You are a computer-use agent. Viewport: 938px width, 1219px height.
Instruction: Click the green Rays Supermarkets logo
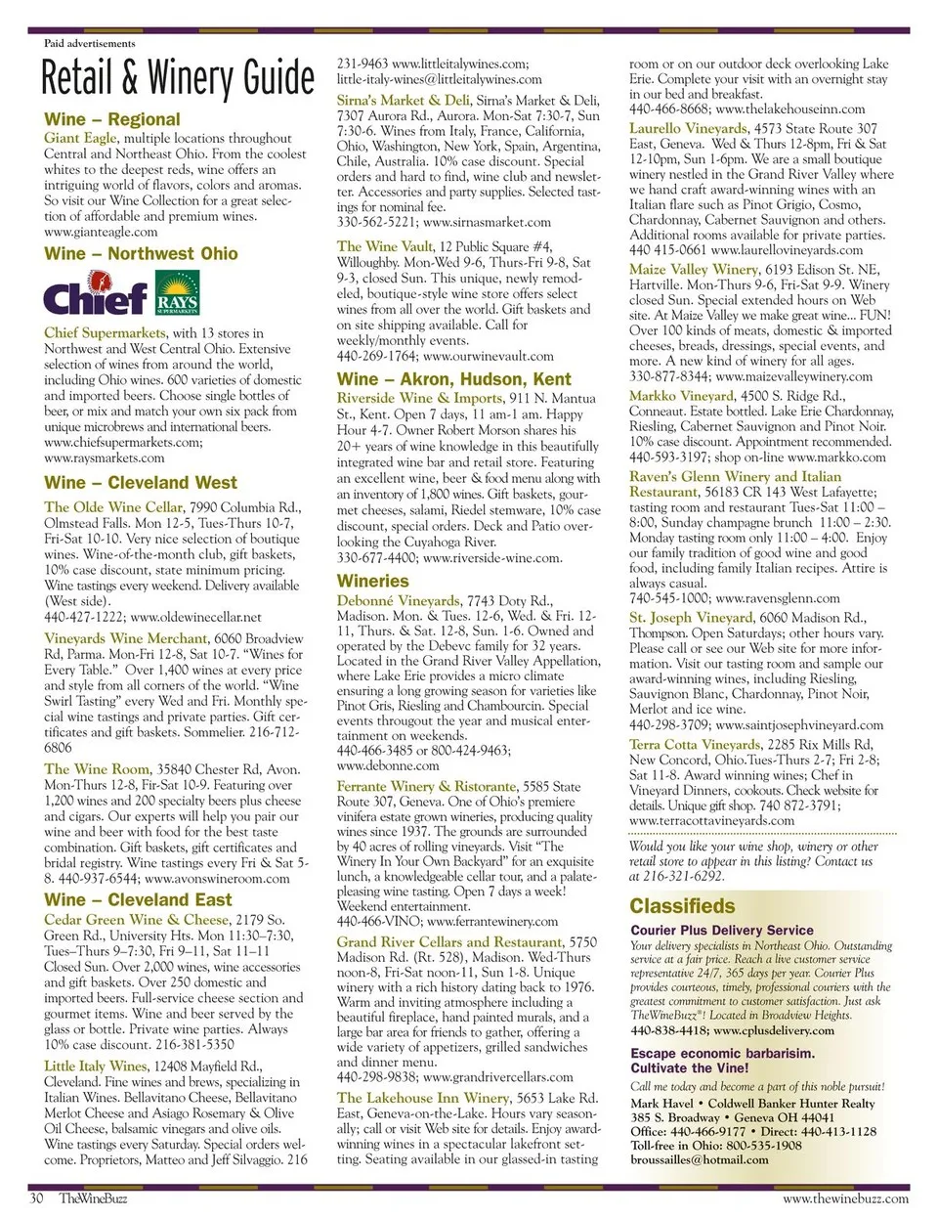[177, 295]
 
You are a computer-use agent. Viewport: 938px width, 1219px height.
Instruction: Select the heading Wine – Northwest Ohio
[141, 254]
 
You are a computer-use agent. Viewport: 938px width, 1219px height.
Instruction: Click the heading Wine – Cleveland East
[138, 900]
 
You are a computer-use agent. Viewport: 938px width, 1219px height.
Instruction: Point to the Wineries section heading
[372, 581]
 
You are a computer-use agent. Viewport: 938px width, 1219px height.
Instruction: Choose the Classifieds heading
[682, 905]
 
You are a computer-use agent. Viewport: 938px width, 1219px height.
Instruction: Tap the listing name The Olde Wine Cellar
[113, 506]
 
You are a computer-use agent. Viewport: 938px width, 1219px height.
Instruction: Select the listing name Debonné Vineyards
[398, 600]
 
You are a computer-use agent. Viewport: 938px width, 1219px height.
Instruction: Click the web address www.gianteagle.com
[101, 232]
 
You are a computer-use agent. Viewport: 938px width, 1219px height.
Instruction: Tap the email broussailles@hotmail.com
[700, 1159]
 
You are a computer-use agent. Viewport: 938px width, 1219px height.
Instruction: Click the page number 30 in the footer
[36, 1198]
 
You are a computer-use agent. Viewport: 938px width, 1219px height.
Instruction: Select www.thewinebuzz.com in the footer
[845, 1198]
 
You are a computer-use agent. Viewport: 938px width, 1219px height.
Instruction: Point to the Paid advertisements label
[89, 43]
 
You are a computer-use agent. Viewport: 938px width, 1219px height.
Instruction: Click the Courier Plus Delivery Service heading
[721, 931]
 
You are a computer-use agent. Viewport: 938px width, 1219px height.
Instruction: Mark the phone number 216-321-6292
[684, 877]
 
